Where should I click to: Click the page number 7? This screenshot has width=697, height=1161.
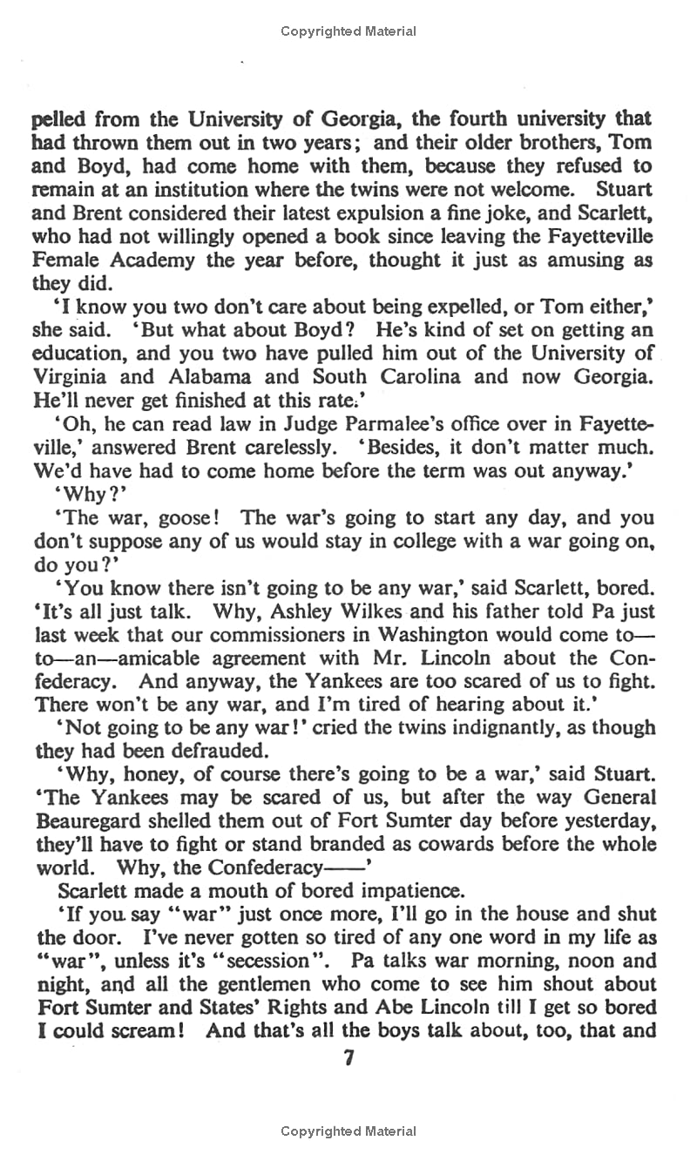[348, 1059]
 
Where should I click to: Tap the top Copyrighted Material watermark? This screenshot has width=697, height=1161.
[348, 31]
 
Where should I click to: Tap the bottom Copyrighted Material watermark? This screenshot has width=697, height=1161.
[348, 1131]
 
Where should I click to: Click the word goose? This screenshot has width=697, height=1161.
[179, 518]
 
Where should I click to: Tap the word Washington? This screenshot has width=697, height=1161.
[422, 636]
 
